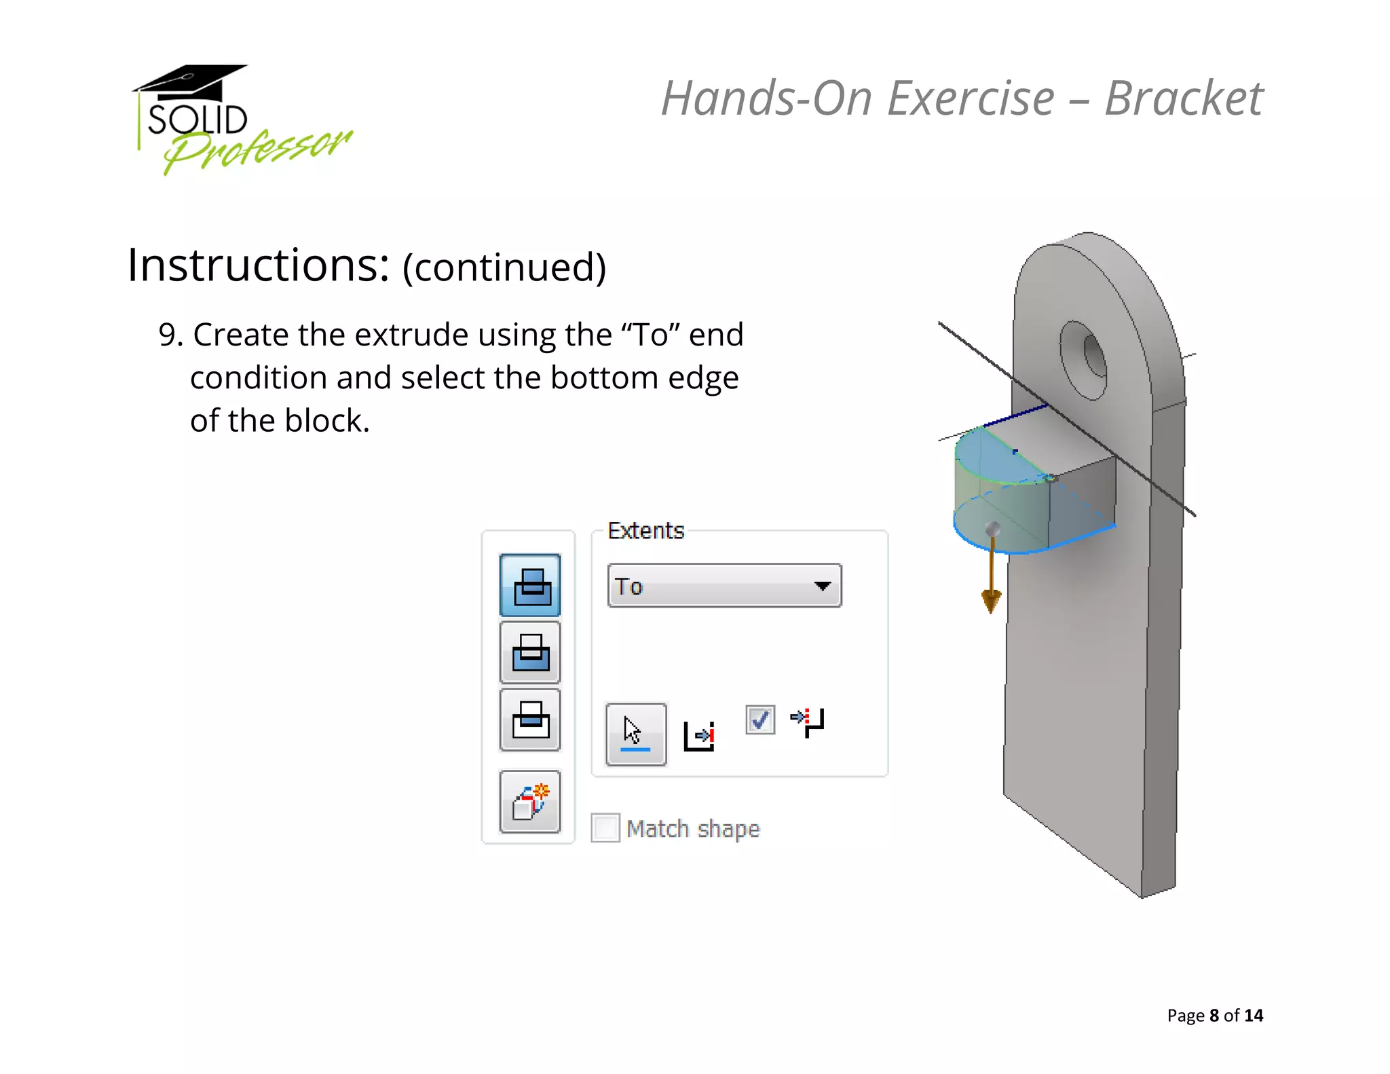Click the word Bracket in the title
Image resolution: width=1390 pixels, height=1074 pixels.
(1184, 99)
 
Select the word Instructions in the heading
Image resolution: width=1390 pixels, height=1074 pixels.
(258, 265)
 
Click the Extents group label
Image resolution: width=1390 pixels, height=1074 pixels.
(645, 531)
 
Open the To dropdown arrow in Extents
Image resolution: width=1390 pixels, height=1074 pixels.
(823, 586)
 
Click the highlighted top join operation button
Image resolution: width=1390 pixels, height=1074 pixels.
(530, 585)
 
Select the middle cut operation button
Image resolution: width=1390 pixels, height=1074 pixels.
(530, 652)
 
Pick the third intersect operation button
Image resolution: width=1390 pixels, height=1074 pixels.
(530, 720)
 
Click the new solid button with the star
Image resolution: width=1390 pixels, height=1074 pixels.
(530, 802)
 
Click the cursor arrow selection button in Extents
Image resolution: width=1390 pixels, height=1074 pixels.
(635, 734)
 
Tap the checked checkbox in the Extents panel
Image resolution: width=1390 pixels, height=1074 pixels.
(759, 720)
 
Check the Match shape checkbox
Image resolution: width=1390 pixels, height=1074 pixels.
(605, 828)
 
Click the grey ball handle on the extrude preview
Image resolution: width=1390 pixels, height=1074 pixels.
(992, 528)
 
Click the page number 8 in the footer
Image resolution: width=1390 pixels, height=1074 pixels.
(1214, 1016)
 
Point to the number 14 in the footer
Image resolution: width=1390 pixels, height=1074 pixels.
(1253, 1016)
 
